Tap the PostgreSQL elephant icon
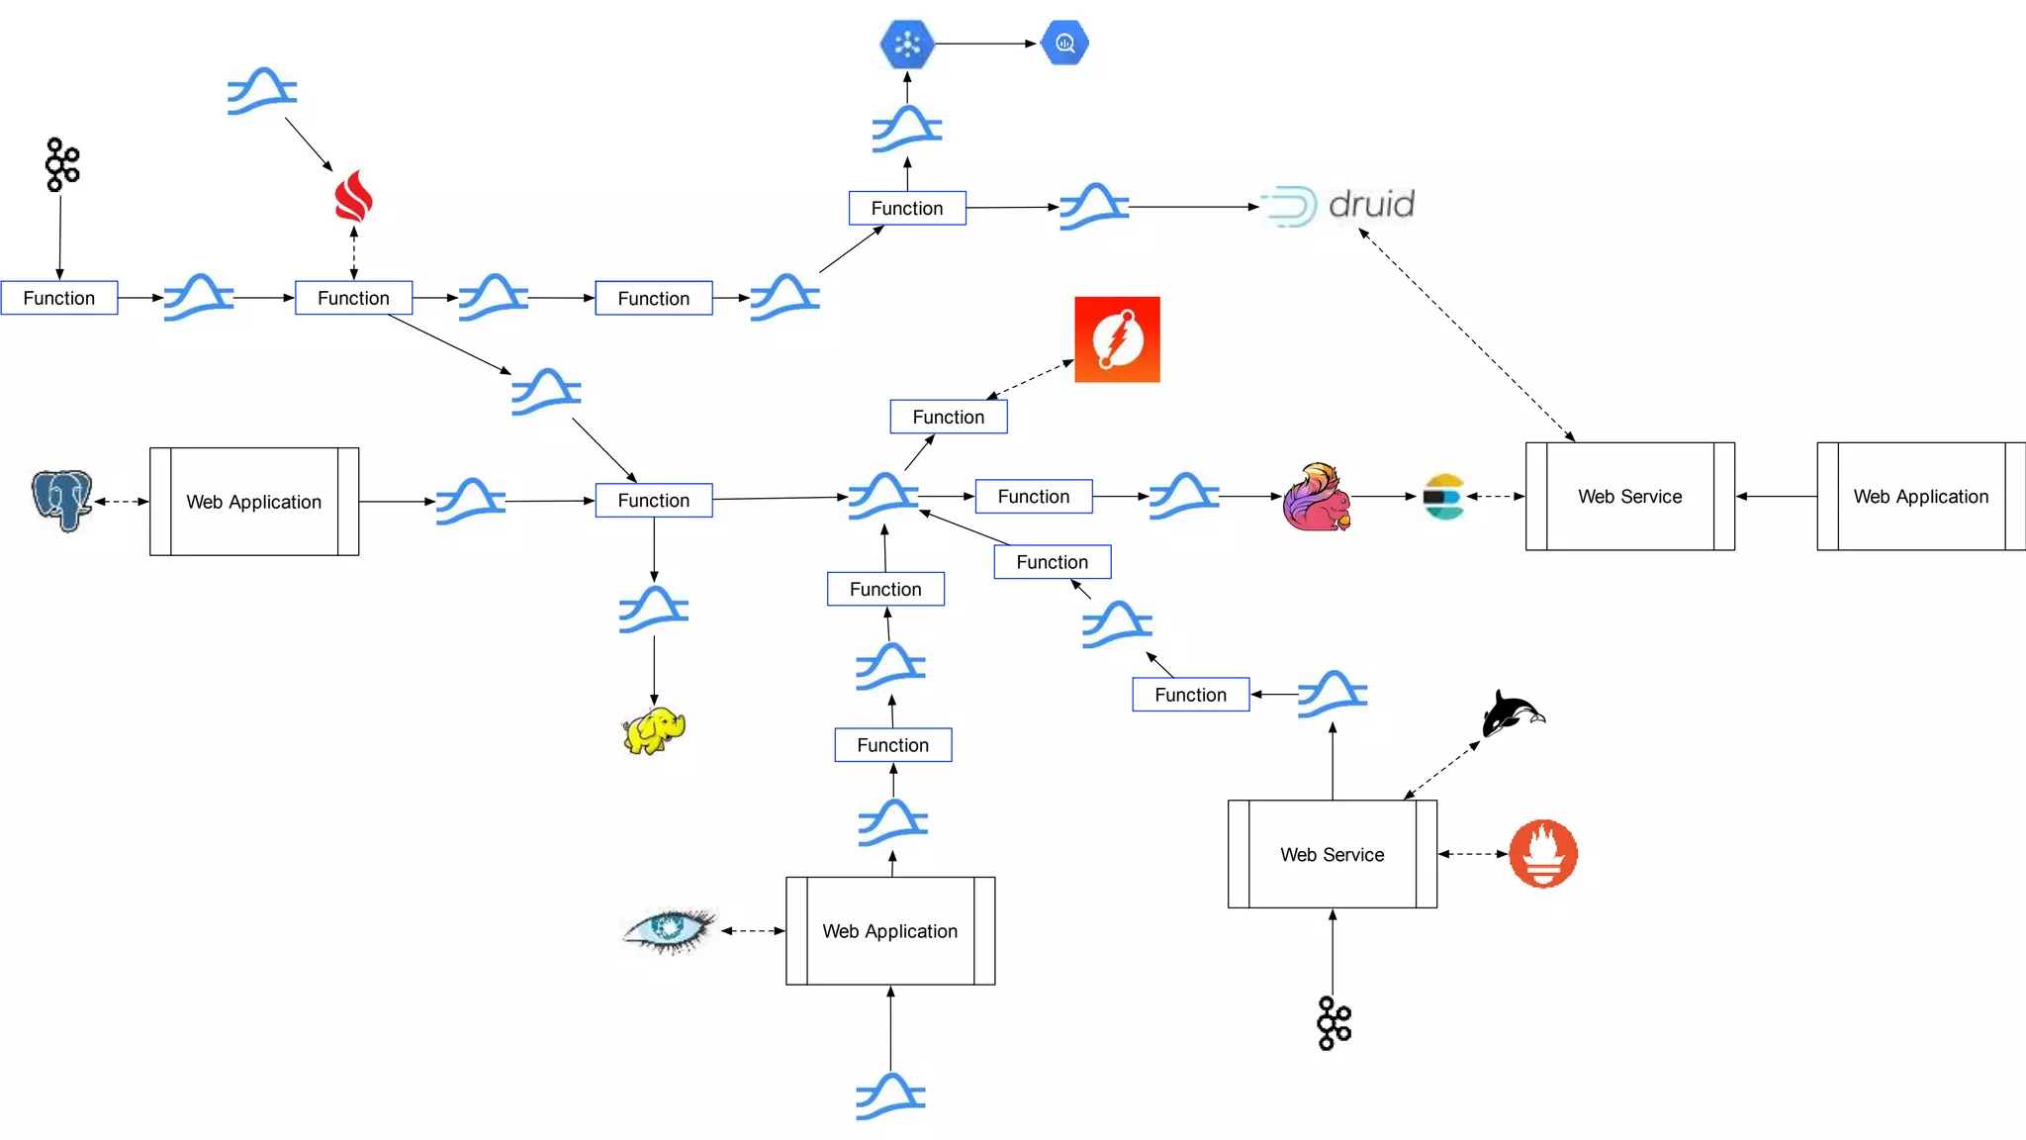click(61, 500)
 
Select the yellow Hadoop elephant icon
click(654, 731)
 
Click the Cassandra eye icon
click(670, 929)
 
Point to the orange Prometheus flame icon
click(1542, 853)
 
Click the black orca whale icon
click(1511, 712)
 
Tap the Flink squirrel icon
click(1317, 497)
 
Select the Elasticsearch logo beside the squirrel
click(1443, 497)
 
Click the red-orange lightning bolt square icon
click(1117, 339)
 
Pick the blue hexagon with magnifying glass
click(1065, 44)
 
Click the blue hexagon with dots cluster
click(907, 44)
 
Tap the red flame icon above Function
click(353, 196)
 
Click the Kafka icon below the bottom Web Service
click(1334, 1023)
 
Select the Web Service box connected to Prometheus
click(1332, 854)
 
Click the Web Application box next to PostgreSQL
click(254, 502)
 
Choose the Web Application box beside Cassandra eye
click(890, 931)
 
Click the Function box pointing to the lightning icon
click(948, 417)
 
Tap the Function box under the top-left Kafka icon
click(59, 298)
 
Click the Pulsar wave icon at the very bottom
click(890, 1096)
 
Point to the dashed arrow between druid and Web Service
click(1466, 336)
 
